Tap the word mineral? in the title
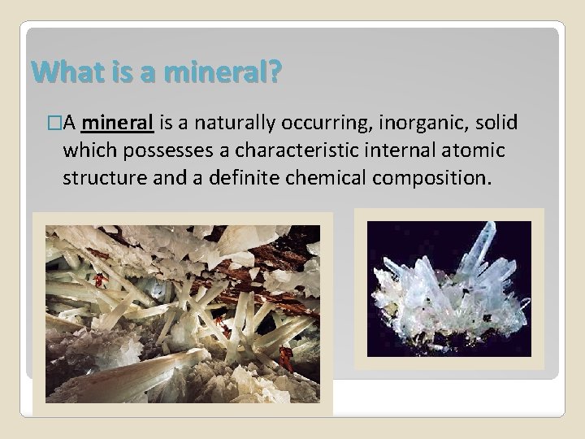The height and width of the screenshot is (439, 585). (230, 75)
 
